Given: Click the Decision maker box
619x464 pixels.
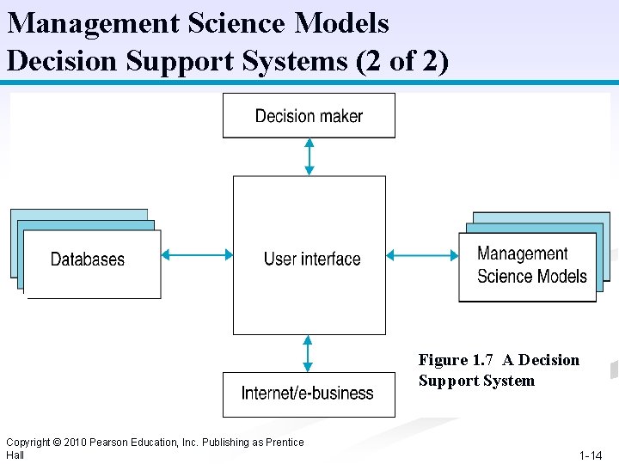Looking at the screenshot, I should coord(309,116).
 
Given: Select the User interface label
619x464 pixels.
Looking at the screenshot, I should coord(312,259).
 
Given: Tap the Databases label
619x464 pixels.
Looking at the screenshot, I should coord(88,259).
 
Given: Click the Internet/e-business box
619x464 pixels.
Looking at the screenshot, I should coord(308,394).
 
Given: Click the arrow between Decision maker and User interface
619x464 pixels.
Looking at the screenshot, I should coord(309,156).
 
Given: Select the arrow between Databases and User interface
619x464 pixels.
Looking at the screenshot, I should coord(197,254).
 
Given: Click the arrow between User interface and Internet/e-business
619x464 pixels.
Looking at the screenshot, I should coord(308,353).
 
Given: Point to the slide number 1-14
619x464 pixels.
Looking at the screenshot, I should coord(591,455).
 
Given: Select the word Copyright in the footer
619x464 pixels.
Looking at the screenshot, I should coord(28,443).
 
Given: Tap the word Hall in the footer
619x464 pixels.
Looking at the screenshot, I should coord(15,455).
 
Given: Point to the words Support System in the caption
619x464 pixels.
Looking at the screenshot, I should coord(476,381).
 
